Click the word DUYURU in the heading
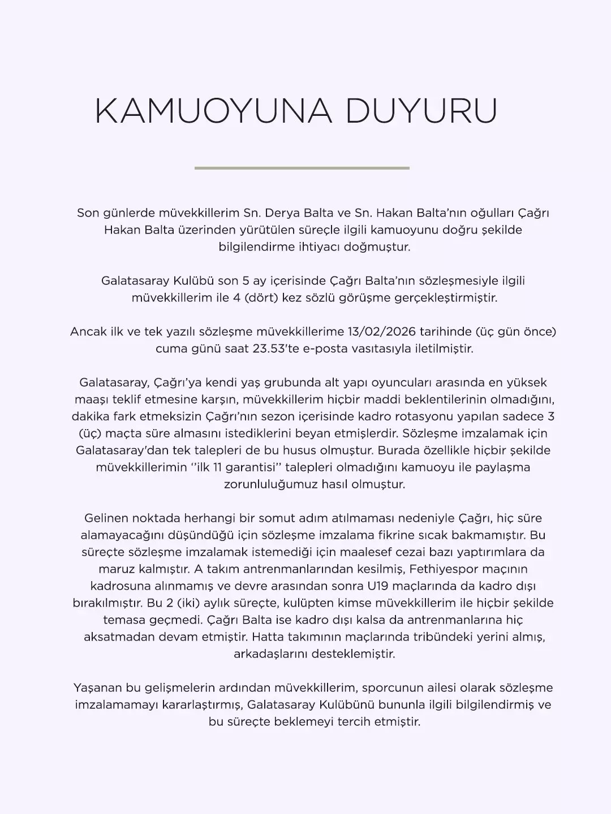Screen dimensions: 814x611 coord(421,111)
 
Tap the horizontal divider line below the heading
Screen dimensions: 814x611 coord(302,168)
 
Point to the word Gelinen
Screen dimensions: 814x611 coord(106,518)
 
